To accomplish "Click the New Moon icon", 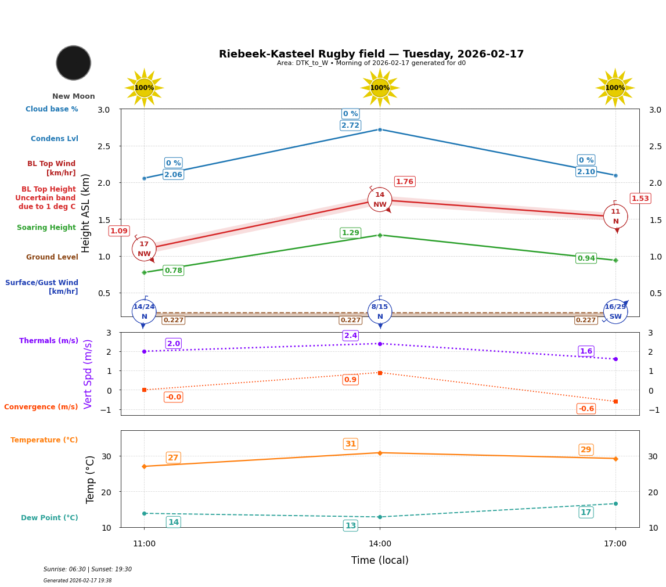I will [x=74, y=63].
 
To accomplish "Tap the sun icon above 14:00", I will [x=380, y=88].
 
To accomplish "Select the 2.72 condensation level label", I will [x=350, y=125].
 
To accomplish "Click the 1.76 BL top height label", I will [x=405, y=182].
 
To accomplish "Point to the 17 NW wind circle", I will [x=144, y=249].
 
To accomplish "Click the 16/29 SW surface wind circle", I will [x=615, y=312].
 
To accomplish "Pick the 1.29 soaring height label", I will [x=350, y=233].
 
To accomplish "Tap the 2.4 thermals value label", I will [x=351, y=336].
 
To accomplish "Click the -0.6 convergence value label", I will [x=586, y=409].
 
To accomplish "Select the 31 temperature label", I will [x=351, y=444].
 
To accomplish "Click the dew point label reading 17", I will [x=586, y=512].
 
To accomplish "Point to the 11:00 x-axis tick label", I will [x=144, y=544].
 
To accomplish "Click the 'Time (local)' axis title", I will [x=380, y=560].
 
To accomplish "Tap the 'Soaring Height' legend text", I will [x=46, y=228].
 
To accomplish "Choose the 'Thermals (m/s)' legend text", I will [x=49, y=341].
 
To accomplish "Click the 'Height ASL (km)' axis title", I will [x=86, y=213].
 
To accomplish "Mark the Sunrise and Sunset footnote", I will [x=88, y=570].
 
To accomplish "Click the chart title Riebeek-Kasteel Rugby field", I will [x=371, y=54].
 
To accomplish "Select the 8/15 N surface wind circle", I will [x=380, y=312].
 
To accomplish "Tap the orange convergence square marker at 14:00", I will [x=380, y=373].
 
